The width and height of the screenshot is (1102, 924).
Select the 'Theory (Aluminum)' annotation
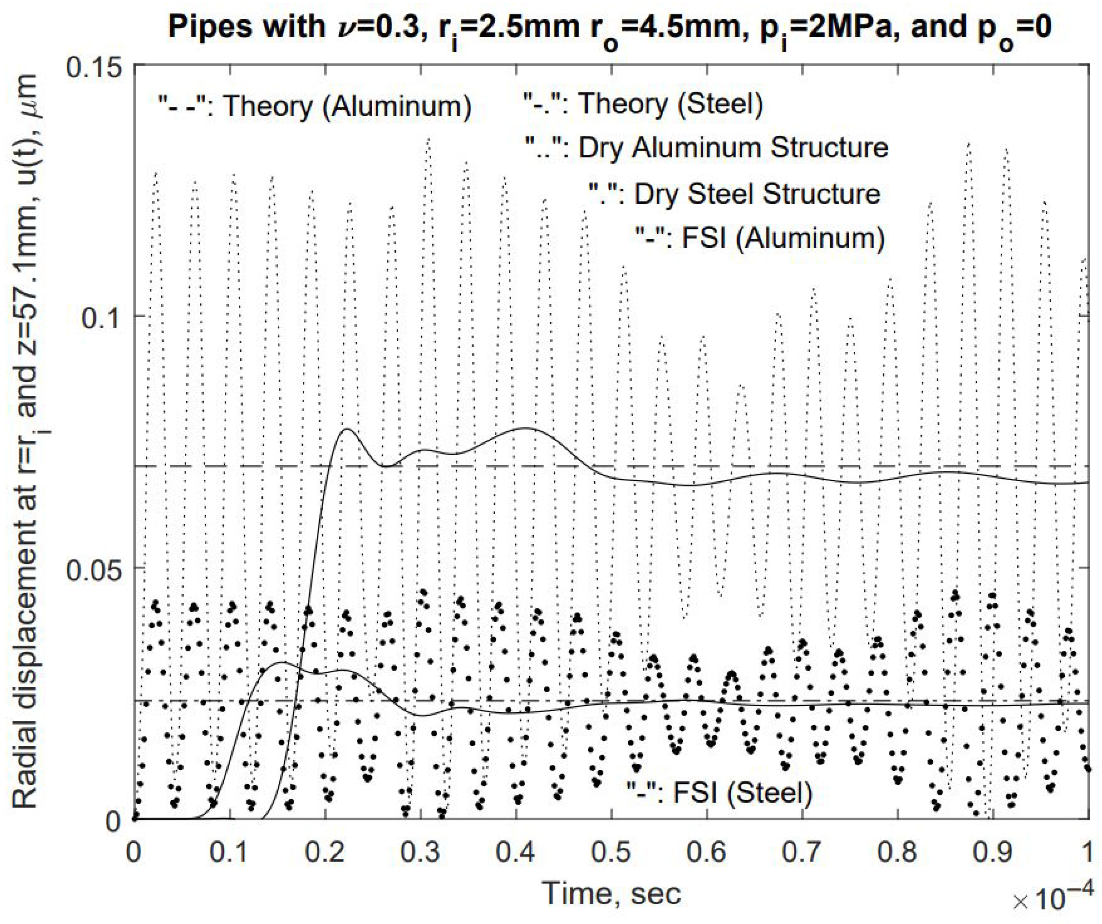tap(315, 106)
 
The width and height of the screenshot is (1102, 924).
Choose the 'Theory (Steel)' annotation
tap(643, 104)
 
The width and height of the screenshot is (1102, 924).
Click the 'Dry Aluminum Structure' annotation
tap(707, 149)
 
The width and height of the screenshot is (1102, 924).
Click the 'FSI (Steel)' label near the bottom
tap(719, 792)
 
